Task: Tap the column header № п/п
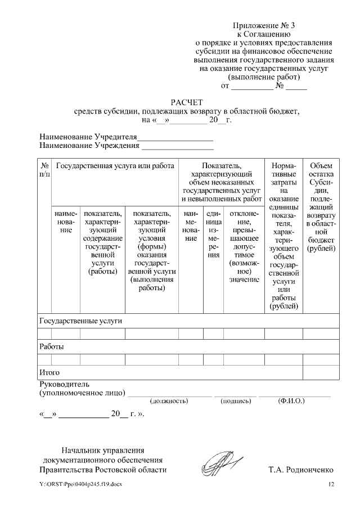(45, 170)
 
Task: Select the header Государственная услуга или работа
(115, 166)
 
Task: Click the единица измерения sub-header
(213, 234)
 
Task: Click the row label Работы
(51, 346)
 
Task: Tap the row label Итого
(49, 372)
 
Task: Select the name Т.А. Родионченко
(301, 469)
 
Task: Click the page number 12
(331, 484)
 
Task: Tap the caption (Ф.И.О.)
(291, 402)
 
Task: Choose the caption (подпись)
(236, 402)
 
